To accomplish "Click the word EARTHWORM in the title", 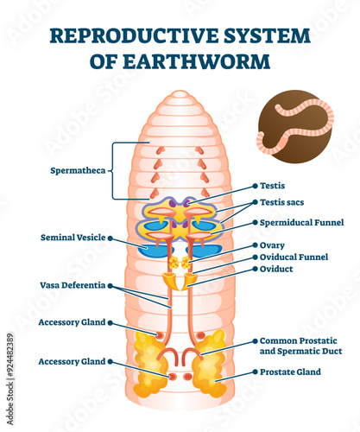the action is pyautogui.click(x=197, y=61).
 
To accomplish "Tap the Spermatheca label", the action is pyautogui.click(x=78, y=170).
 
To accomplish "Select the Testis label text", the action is pyautogui.click(x=272, y=186).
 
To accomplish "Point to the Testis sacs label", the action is pyautogui.click(x=281, y=202).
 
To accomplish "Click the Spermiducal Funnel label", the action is pyautogui.click(x=301, y=223).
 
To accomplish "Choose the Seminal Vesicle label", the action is pyautogui.click(x=73, y=238).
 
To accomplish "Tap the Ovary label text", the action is pyautogui.click(x=272, y=245).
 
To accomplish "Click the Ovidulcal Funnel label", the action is pyautogui.click(x=294, y=257).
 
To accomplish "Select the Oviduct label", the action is pyautogui.click(x=276, y=269).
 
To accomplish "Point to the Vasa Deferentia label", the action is pyautogui.click(x=73, y=285).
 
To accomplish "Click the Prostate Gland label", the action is pyautogui.click(x=290, y=372).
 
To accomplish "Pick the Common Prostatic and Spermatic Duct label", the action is pyautogui.click(x=300, y=346).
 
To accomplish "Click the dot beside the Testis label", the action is pyautogui.click(x=255, y=186).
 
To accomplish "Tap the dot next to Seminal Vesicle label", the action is pyautogui.click(x=111, y=238).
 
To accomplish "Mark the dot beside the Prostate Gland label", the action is pyautogui.click(x=255, y=372).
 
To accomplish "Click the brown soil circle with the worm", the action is pyautogui.click(x=295, y=126).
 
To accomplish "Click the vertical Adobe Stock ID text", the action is pyautogui.click(x=10, y=379).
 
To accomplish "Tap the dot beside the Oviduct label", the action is pyautogui.click(x=255, y=269).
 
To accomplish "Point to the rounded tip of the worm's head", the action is pyautogui.click(x=180, y=92).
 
